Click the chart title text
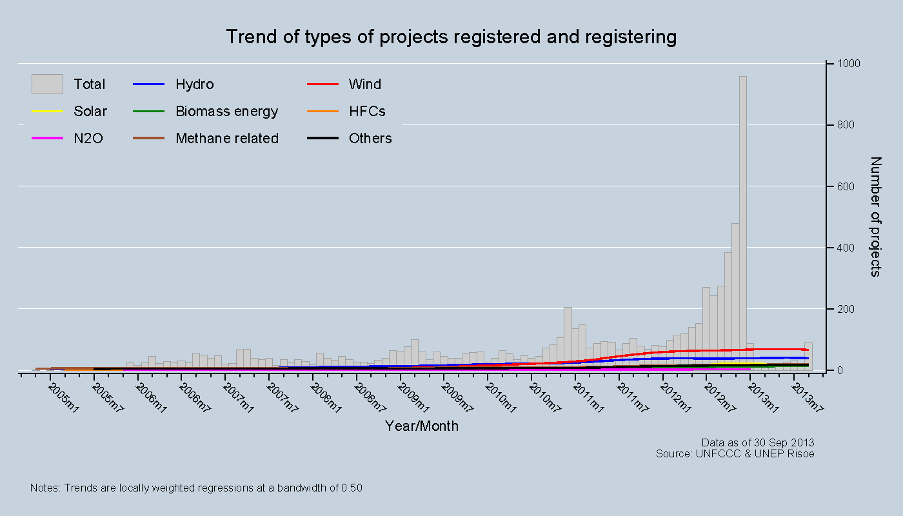(451, 37)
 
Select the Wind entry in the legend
(364, 84)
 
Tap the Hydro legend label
(194, 84)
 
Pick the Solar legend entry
(90, 112)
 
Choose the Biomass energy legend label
(226, 112)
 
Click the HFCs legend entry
(366, 112)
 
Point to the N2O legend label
(88, 139)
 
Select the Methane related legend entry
(226, 139)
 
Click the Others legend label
(370, 139)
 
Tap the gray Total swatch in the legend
(47, 84)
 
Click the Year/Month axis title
(422, 426)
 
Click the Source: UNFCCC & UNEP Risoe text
(735, 453)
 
